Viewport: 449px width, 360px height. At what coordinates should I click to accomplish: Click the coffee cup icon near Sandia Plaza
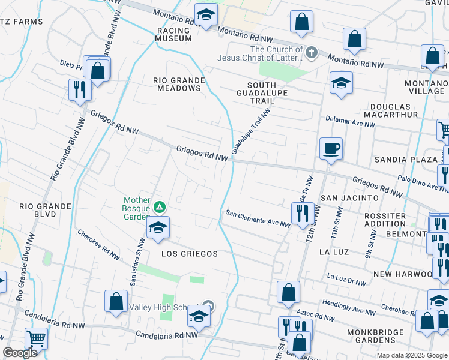[330, 148]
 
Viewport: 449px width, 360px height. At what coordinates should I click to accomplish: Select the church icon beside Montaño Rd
[311, 53]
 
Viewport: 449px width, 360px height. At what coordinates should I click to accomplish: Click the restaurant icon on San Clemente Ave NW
[300, 212]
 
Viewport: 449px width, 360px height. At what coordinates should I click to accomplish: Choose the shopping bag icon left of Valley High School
[116, 301]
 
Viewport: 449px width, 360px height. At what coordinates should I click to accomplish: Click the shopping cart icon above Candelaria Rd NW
[37, 339]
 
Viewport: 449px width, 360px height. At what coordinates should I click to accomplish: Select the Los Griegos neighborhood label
[190, 254]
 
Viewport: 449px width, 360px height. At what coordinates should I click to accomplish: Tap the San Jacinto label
[349, 197]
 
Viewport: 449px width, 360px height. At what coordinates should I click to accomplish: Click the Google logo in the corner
[20, 353]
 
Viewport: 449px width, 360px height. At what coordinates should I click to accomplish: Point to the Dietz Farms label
[22, 22]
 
